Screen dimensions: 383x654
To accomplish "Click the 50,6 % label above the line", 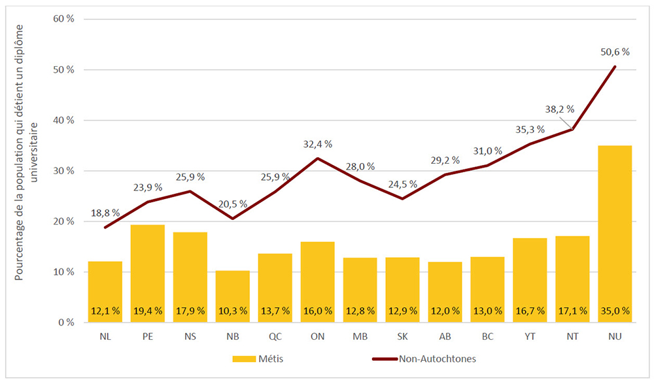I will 614,52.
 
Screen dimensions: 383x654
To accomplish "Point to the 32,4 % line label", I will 317,144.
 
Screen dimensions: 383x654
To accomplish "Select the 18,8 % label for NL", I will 105,213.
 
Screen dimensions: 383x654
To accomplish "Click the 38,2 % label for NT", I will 560,109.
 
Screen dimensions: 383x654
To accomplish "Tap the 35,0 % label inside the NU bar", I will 614,312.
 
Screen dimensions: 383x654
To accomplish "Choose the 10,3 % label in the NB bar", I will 232,312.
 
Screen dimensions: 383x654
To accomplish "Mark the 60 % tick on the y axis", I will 63,19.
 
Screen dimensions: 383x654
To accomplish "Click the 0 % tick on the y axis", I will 66,323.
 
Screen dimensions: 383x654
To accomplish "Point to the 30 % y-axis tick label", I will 63,171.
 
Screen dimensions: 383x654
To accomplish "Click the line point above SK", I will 402,198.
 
